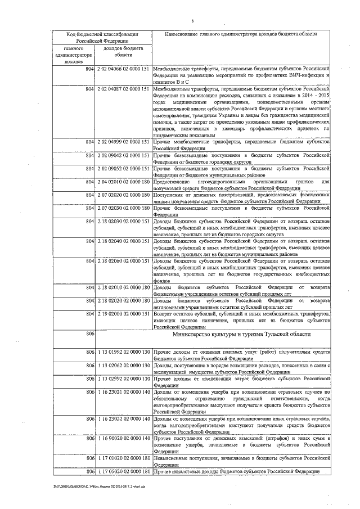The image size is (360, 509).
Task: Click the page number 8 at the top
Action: pos(192,21)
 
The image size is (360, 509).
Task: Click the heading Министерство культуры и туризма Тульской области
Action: pos(242,334)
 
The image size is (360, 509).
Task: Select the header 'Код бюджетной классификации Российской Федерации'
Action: pos(99,38)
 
